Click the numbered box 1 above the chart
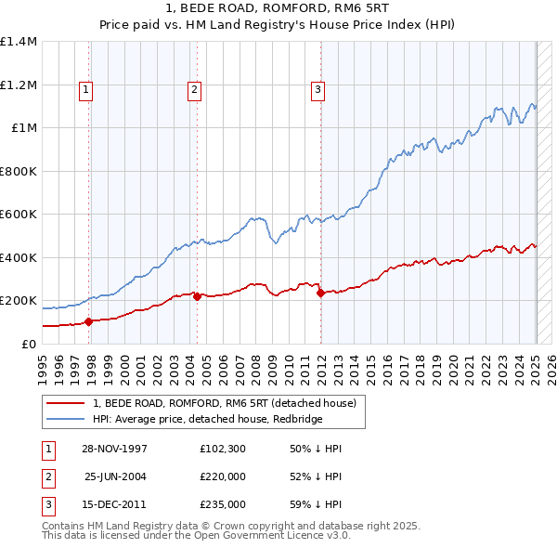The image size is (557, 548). tap(85, 90)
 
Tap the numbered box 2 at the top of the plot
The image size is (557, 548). tap(194, 90)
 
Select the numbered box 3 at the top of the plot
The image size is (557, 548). tap(317, 90)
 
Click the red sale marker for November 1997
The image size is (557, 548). tap(89, 322)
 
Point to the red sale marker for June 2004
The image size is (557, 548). tap(198, 297)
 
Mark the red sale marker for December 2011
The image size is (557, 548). tap(320, 294)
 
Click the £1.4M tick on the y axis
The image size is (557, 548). tap(19, 42)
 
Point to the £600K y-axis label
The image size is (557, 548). tap(19, 215)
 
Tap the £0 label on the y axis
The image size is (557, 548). tap(29, 344)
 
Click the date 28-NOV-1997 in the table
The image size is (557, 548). tap(115, 449)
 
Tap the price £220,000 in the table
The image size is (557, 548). tap(222, 476)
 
